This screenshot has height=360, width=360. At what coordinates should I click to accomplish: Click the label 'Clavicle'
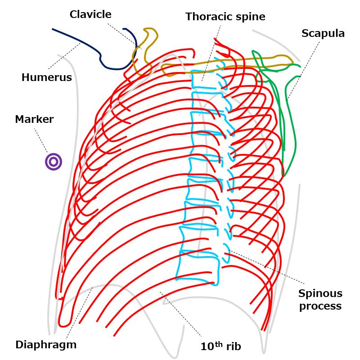click(x=90, y=14)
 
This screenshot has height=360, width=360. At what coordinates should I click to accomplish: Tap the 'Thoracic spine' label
click(x=225, y=17)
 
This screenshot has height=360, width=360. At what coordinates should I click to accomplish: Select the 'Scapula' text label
click(x=323, y=33)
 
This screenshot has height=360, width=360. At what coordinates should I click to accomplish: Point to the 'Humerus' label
click(x=46, y=77)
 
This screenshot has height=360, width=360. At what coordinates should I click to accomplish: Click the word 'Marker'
click(x=34, y=119)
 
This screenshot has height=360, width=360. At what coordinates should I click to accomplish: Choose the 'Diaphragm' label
click(x=46, y=345)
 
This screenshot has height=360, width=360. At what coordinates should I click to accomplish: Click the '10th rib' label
click(x=220, y=346)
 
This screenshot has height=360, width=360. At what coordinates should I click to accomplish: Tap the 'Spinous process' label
click(x=320, y=300)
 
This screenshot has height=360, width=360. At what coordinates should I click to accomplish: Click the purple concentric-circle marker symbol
click(x=53, y=162)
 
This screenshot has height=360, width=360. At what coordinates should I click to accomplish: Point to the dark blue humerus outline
click(x=81, y=43)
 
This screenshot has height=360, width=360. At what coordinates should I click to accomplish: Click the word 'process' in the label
click(x=320, y=306)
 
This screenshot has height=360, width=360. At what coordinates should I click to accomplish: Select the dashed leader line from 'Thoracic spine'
click(x=211, y=49)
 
